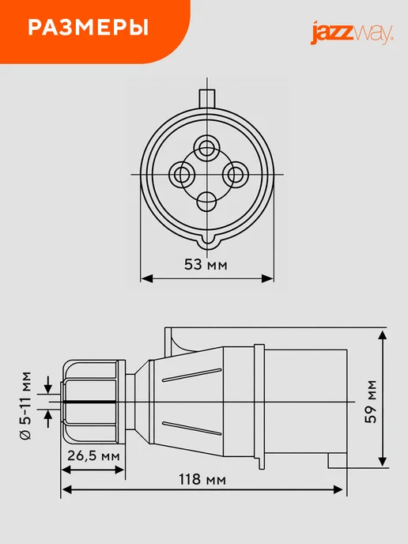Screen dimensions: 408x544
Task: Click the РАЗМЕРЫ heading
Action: point(88,28)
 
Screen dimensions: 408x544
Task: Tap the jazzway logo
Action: point(352,33)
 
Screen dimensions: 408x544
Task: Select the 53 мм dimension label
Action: point(206,265)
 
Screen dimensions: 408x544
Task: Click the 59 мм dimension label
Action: point(371,402)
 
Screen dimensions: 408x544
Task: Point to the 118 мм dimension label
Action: point(202,480)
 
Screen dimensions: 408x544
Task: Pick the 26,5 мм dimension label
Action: point(93,455)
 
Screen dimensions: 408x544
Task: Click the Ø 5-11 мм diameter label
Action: point(25,406)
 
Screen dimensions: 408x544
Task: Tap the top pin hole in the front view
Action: point(207,148)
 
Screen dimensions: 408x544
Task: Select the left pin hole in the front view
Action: point(181,174)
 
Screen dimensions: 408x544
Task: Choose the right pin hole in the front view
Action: point(232,174)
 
